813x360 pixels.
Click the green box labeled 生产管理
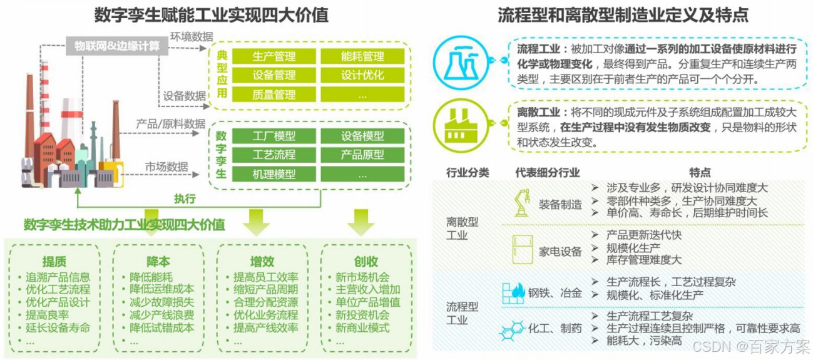click(x=274, y=56)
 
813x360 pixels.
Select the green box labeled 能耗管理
click(x=362, y=56)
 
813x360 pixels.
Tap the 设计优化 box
click(x=362, y=76)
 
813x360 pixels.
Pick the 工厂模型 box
click(x=274, y=136)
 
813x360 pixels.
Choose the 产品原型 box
click(x=362, y=155)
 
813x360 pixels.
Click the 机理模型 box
click(x=274, y=174)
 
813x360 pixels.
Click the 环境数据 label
click(x=192, y=36)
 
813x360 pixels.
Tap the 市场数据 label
click(x=166, y=167)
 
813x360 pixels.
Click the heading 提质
click(x=54, y=262)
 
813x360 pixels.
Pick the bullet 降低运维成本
click(x=161, y=289)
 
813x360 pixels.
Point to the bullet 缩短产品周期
click(x=265, y=289)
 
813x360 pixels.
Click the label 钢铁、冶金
click(x=555, y=293)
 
